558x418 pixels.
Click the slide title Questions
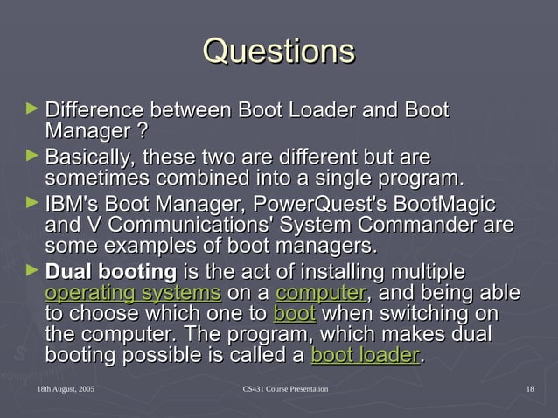(x=278, y=50)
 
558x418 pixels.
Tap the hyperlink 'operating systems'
(x=131, y=292)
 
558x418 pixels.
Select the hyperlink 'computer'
(x=320, y=292)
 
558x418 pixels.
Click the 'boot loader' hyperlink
(x=365, y=356)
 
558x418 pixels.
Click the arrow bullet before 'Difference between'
(x=32, y=110)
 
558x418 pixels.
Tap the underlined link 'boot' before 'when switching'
(x=294, y=313)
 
